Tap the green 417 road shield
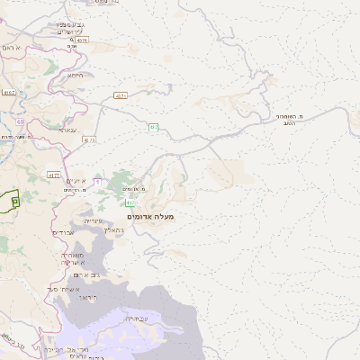(x=131, y=203)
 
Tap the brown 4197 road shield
(x=9, y=91)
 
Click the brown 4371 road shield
(x=120, y=94)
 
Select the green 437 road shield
(x=154, y=127)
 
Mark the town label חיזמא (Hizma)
(x=75, y=76)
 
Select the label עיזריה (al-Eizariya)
(x=94, y=220)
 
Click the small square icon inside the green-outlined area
(x=15, y=202)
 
